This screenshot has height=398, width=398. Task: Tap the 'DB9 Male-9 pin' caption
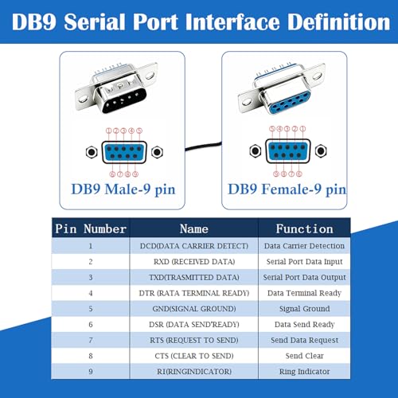(123, 189)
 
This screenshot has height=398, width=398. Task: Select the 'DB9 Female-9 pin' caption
(287, 189)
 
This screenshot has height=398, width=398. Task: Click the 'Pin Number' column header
(91, 228)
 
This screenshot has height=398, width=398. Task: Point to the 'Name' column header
(194, 228)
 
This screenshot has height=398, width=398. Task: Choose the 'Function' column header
(304, 228)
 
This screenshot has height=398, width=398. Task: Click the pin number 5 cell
(91, 309)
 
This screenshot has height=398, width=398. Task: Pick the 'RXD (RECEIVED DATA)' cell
(194, 262)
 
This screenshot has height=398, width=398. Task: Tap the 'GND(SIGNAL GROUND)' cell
(194, 309)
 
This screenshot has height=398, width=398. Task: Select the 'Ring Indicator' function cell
(304, 372)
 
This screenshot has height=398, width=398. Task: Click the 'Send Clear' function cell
(304, 356)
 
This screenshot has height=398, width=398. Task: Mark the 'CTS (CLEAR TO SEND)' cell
(194, 356)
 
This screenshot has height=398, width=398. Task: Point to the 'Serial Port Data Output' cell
(304, 277)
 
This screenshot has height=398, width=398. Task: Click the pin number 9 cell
(91, 372)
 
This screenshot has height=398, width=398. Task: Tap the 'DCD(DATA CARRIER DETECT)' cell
(194, 246)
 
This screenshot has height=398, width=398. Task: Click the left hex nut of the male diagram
(92, 152)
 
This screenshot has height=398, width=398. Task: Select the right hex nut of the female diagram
(321, 151)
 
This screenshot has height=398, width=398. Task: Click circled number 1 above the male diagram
(109, 131)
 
